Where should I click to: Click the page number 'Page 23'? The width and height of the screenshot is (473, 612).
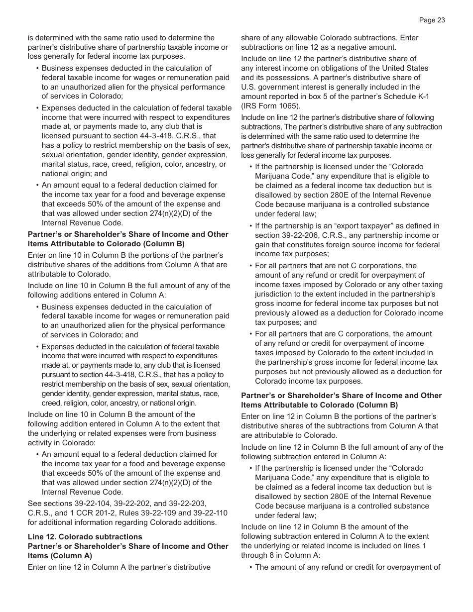(x=432, y=20)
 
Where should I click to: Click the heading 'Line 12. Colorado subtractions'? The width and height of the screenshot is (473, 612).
(x=85, y=536)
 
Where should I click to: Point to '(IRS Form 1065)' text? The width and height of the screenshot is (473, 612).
(x=271, y=106)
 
